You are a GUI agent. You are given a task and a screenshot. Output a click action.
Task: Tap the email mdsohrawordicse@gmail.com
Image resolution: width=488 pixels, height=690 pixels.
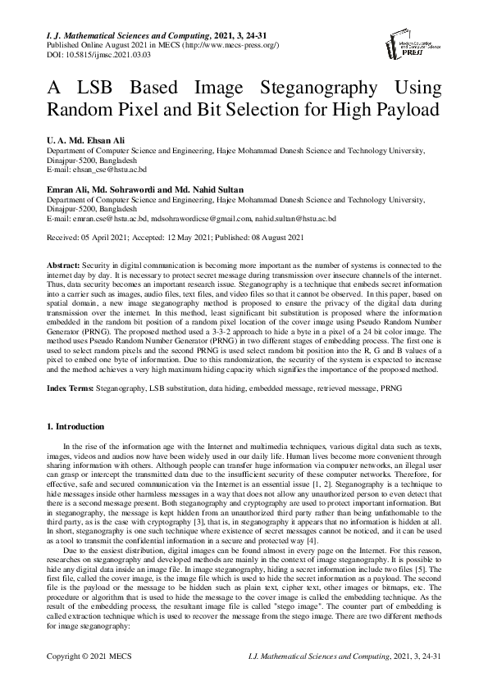[199, 220]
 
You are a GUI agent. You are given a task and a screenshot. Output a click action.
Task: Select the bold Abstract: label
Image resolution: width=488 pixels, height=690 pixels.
[62, 267]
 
